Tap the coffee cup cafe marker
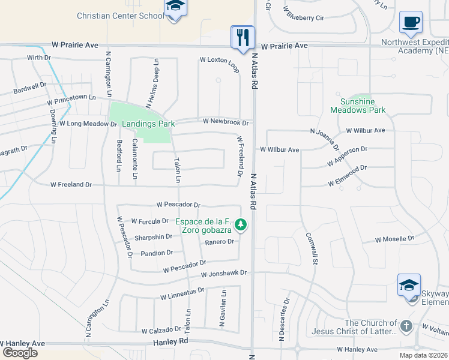coord(411,22)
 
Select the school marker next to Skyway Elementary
coord(409,285)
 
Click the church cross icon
coord(406,326)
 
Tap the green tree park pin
coord(241,225)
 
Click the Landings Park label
coord(148,124)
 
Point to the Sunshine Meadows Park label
coord(358,106)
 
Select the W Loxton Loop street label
coord(219,60)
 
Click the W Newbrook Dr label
coord(226,122)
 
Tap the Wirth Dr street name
coord(40,58)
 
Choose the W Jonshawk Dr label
coord(224,273)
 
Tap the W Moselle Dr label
coord(394,239)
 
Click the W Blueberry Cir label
coord(306,17)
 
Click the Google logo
coord(20,353)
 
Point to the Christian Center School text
coord(120,16)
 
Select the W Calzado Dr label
coord(161,330)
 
